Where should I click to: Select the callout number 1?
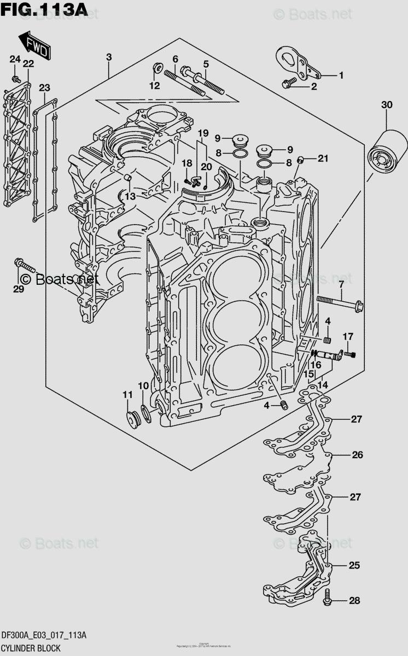click(x=341, y=75)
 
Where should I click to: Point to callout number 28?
click(x=354, y=601)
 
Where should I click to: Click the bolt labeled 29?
click(x=25, y=266)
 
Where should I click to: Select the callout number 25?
click(x=354, y=565)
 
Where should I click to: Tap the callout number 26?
click(x=357, y=455)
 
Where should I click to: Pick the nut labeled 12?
click(x=156, y=69)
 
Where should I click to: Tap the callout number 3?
click(x=109, y=57)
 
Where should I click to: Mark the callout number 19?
click(x=203, y=133)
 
